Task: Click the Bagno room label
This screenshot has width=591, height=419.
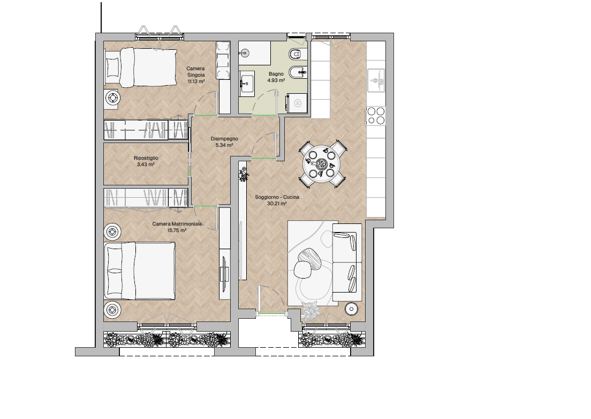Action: coord(276,74)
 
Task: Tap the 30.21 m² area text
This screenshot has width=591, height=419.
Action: coord(277,204)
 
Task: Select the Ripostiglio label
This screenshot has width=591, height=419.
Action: coord(146,158)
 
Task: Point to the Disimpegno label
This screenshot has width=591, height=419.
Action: coord(224,139)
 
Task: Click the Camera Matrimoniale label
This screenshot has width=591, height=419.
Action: coord(177,223)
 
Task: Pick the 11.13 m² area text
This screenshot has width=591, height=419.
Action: coord(196,81)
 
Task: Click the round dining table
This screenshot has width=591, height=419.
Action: coord(322,164)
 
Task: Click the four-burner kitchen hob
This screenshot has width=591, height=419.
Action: coord(376,115)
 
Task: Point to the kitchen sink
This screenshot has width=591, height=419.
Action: coord(376,80)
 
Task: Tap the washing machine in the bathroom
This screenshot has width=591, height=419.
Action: coord(297,103)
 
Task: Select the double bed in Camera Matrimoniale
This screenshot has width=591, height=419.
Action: coord(140,271)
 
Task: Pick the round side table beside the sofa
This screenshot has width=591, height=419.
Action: coord(352,309)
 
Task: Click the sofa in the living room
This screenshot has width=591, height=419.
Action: coord(347,262)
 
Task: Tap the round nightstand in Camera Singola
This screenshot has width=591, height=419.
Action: coord(112,98)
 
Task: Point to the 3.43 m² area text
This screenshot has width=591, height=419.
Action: coord(146,164)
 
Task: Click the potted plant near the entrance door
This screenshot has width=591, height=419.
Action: coord(312,310)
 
